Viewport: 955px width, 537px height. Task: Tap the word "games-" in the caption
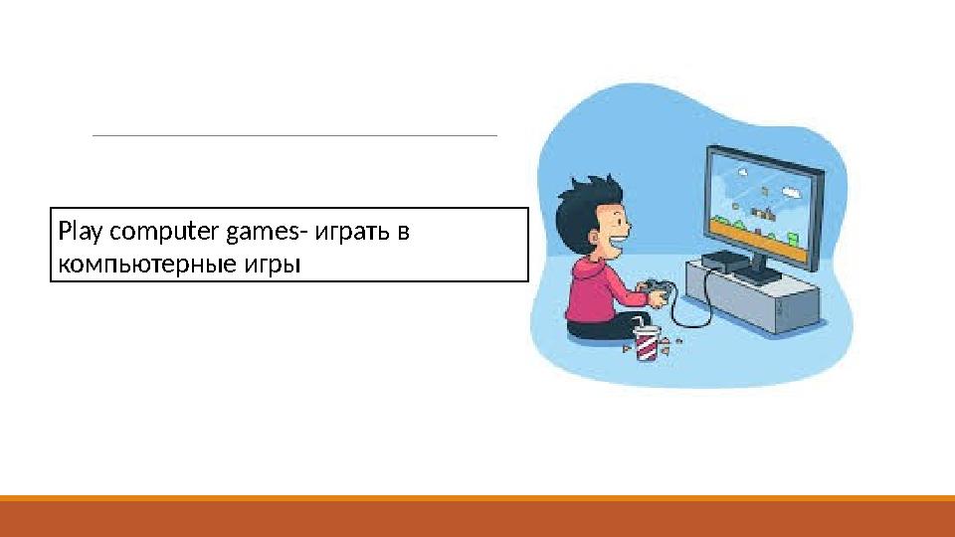coord(267,233)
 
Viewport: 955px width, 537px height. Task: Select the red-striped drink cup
coord(647,344)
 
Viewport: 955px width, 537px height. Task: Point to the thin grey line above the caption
coord(294,135)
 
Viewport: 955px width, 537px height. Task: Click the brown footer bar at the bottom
coord(477,518)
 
